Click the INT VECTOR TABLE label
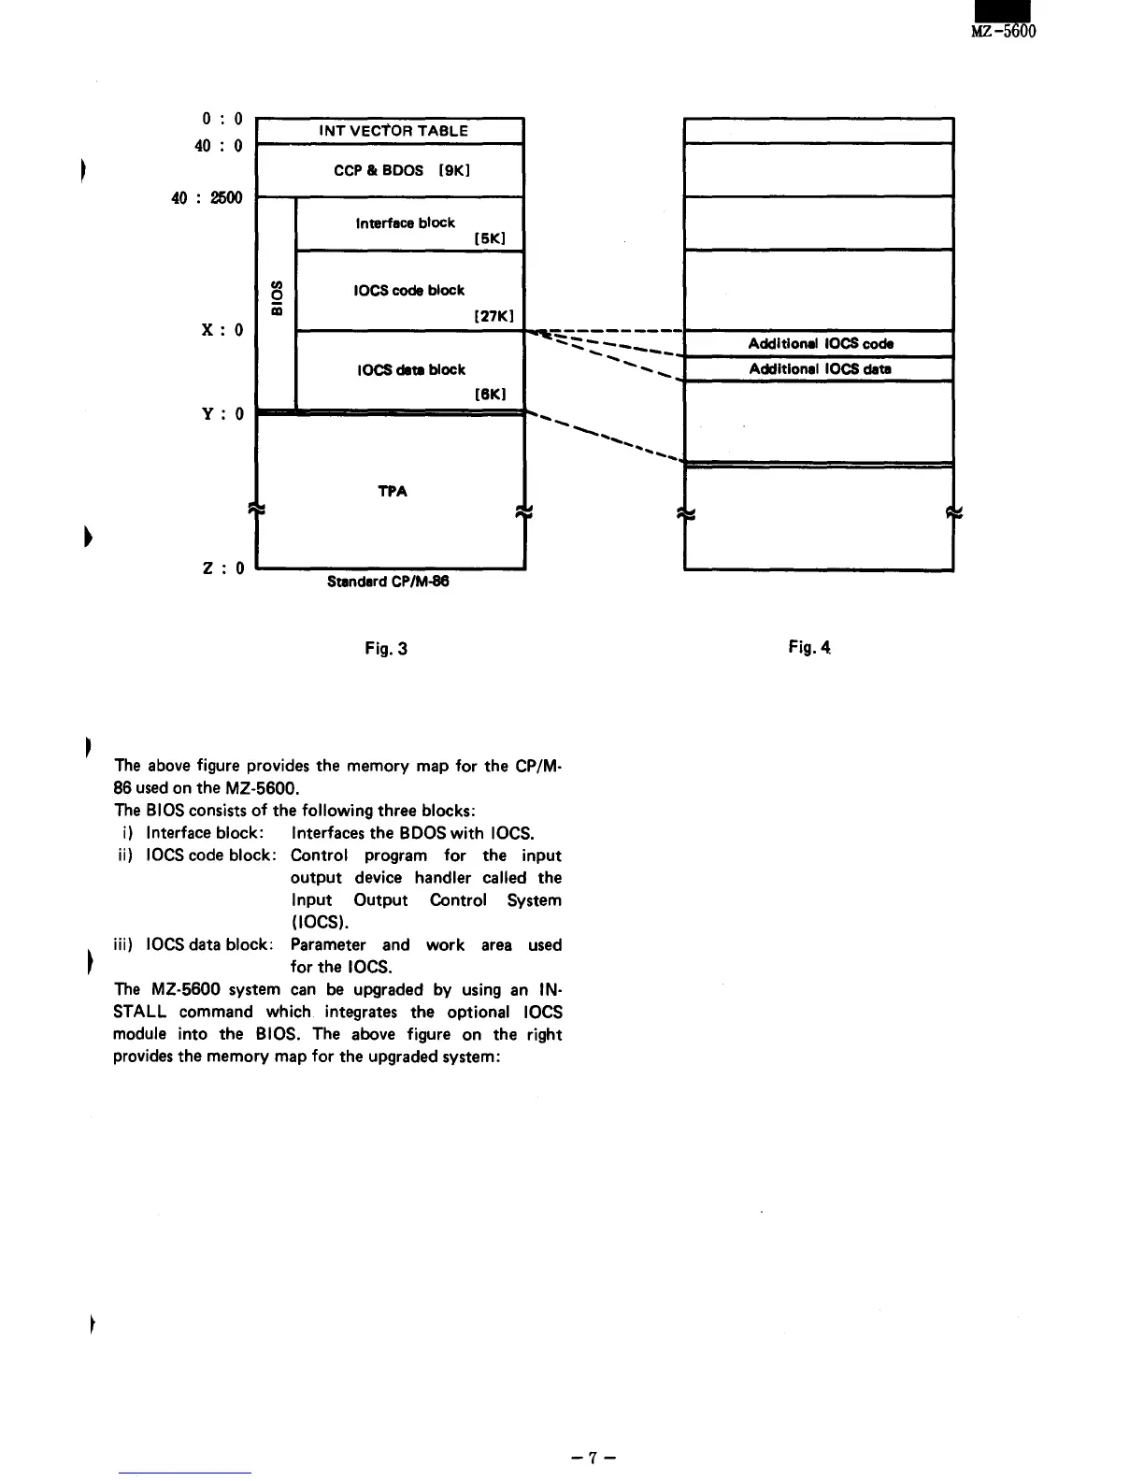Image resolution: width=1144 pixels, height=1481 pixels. (393, 131)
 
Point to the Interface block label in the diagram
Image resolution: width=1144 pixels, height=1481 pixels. (405, 223)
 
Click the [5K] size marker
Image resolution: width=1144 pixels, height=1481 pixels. (490, 238)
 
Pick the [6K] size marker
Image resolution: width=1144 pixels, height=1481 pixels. (490, 395)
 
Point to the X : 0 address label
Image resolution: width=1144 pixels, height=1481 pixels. (222, 330)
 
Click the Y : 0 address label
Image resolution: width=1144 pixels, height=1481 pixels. (222, 413)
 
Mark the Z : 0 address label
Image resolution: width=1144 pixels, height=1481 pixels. (222, 568)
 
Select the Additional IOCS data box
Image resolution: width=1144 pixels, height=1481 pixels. (819, 368)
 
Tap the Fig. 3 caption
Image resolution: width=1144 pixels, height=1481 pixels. (386, 648)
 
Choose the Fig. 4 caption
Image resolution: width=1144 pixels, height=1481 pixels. (809, 647)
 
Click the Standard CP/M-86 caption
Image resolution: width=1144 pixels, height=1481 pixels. (388, 582)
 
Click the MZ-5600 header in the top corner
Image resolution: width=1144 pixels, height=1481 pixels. (1004, 31)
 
